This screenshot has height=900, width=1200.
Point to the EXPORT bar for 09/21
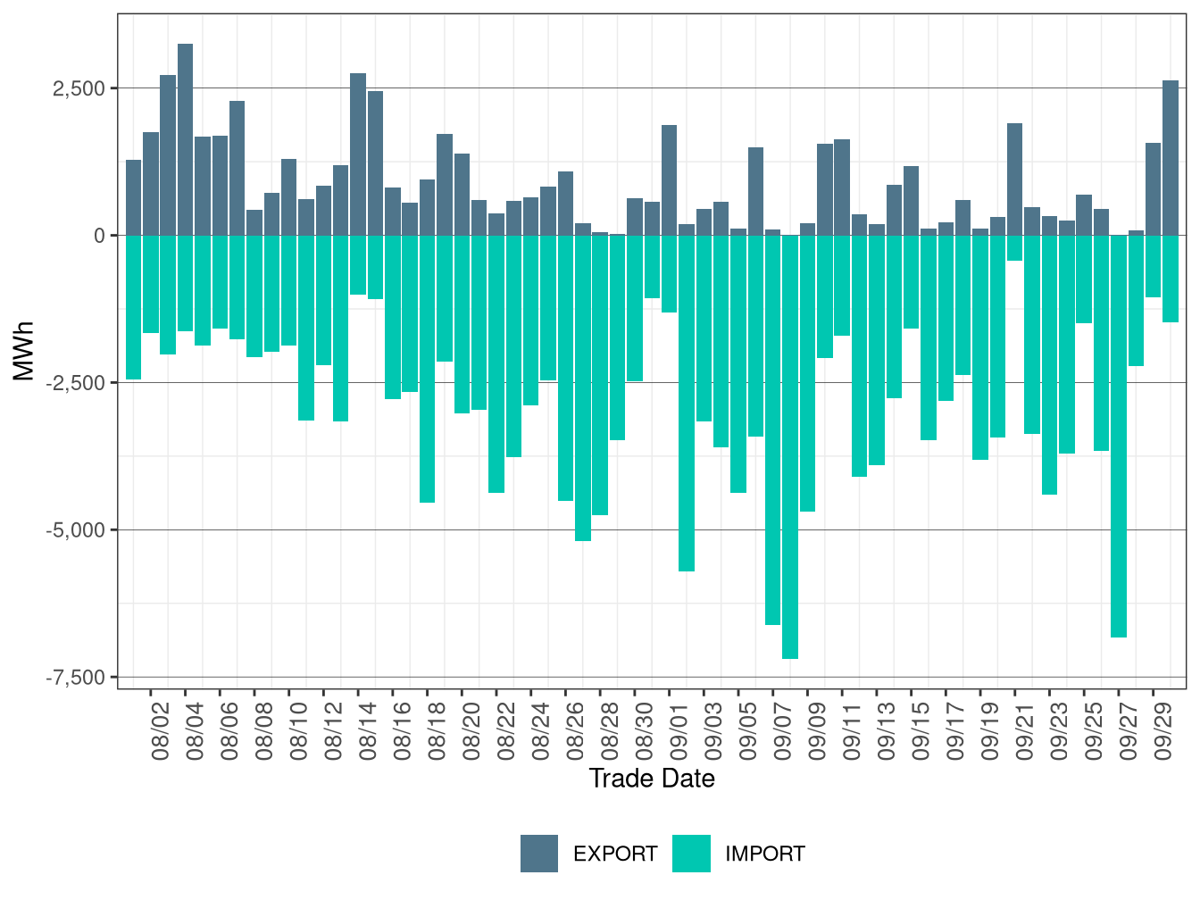1014,179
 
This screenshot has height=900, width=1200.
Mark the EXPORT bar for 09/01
669,179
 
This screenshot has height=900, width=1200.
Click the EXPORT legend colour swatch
539,854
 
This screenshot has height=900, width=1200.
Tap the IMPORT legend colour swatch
691,854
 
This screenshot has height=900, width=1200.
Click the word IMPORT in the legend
764,854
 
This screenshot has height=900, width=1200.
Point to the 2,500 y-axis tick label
79,88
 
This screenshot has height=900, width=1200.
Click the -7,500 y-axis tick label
76,678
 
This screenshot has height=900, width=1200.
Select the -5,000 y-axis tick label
76,530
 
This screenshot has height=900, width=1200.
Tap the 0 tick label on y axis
99,236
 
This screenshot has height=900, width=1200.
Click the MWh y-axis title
24,351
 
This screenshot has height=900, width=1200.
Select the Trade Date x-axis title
652,779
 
